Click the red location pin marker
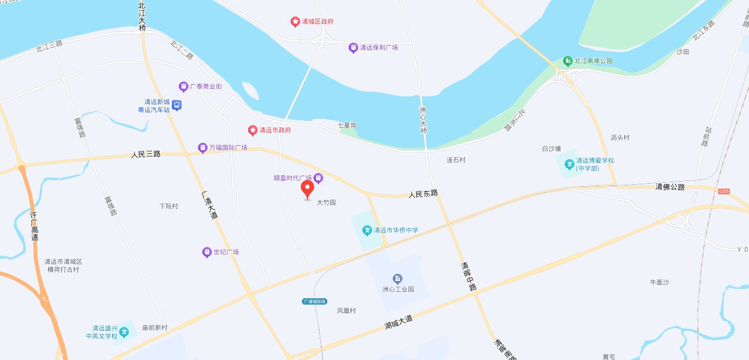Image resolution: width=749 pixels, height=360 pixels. (x=307, y=189)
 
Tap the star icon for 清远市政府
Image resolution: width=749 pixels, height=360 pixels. (x=253, y=130)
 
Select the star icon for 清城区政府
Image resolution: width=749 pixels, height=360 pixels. (x=295, y=22)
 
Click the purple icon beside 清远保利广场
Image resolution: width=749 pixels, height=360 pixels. (x=353, y=48)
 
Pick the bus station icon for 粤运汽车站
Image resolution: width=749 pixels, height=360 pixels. (x=177, y=105)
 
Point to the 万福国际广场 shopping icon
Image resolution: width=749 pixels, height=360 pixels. (x=202, y=148)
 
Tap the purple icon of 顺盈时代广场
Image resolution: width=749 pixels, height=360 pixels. (x=318, y=178)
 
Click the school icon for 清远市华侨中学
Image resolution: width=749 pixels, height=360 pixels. (x=367, y=231)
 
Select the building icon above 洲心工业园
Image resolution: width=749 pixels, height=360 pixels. (x=398, y=279)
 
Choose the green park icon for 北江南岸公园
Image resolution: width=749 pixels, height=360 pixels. (x=567, y=61)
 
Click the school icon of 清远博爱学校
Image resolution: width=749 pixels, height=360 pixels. (x=569, y=164)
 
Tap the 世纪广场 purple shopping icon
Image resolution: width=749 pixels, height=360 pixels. (x=207, y=252)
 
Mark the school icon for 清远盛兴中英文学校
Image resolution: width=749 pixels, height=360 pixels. (x=124, y=332)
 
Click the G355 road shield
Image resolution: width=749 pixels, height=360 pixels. (x=723, y=191)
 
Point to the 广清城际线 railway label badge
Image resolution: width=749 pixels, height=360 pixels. (x=314, y=301)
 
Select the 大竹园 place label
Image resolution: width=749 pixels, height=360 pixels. (x=326, y=203)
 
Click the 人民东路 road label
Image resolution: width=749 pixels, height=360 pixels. (x=423, y=194)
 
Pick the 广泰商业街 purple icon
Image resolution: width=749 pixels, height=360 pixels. (x=183, y=86)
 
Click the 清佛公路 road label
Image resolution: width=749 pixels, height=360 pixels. (x=670, y=187)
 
